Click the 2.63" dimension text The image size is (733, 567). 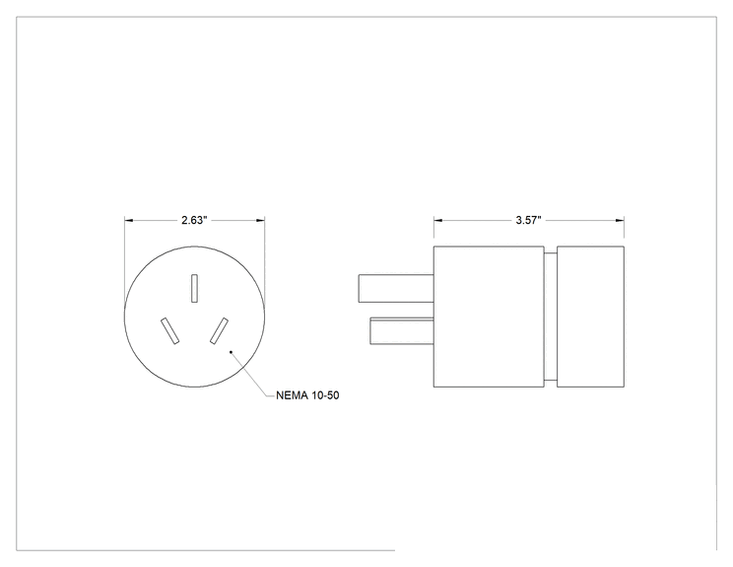point(194,220)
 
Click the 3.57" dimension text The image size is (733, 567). point(528,220)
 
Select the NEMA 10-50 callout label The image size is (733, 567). point(307,395)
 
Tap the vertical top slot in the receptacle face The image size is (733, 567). point(194,288)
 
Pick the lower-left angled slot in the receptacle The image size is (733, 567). point(169,330)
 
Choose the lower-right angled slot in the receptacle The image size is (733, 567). point(219,330)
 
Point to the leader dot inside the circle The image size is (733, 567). point(231,352)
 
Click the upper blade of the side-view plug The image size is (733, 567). point(396,288)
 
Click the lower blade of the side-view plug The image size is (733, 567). point(402,330)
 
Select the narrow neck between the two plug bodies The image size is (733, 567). point(550,317)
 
